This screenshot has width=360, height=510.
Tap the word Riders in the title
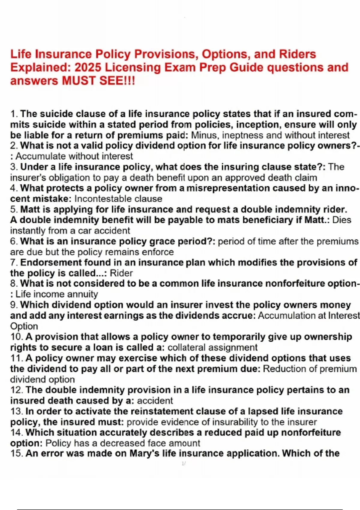click(298, 54)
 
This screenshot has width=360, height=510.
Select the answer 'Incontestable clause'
click(118, 199)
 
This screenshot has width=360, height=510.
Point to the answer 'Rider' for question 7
click(121, 273)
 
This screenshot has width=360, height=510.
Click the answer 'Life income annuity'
click(57, 294)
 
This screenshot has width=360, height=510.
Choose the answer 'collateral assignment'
click(212, 347)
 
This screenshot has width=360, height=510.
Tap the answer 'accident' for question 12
click(155, 400)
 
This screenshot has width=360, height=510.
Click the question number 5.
click(14, 209)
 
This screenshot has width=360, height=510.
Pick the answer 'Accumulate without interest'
click(74, 156)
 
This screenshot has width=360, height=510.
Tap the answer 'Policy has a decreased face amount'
click(123, 443)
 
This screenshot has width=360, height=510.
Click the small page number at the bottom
click(184, 463)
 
